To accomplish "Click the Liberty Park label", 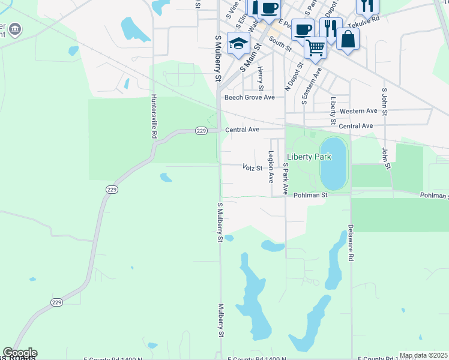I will coord(309,157).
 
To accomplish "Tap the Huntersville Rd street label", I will coord(154,116).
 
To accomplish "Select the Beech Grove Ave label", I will coord(249,97).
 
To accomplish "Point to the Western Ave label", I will coord(358,111).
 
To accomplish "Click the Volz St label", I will coord(253,168).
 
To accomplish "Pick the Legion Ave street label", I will coord(271,166).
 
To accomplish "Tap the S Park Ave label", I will coord(286,181).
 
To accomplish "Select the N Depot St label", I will coord(292,76).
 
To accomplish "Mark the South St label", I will coord(280,43).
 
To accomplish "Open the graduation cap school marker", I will coord(239,43).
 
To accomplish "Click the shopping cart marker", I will coord(315,46).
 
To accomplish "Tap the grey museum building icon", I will coord(15,28).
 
